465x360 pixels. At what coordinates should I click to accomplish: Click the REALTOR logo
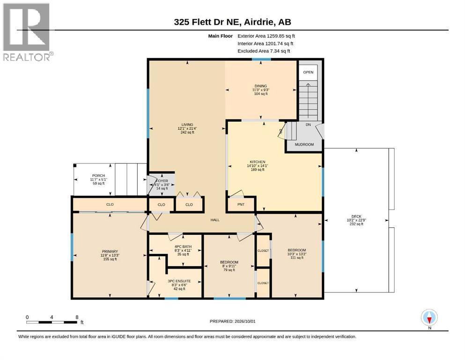coord(28,32)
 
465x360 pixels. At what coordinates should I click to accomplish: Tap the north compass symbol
coord(429,318)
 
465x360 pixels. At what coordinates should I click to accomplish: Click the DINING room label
coord(261,90)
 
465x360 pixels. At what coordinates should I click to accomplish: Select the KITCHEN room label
coord(258,165)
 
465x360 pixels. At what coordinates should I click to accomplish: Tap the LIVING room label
coord(187,128)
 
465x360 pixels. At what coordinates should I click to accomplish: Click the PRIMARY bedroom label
coord(110,255)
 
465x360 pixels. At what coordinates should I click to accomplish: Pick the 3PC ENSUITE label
coord(179,285)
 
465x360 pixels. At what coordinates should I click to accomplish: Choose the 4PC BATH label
coord(183,250)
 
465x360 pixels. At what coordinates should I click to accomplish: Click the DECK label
coord(356,220)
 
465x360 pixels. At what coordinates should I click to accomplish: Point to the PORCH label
coord(98,180)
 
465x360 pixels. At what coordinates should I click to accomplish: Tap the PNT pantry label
coord(241,204)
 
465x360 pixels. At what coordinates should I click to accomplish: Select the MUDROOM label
coord(304,144)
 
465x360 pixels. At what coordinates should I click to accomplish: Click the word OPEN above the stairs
coord(308,72)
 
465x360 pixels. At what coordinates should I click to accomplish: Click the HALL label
coord(215,220)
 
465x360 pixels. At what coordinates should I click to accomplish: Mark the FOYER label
coord(162,185)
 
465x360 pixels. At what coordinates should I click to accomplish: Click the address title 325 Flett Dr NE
coord(232,22)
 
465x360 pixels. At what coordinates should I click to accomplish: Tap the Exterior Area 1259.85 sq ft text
coord(266,36)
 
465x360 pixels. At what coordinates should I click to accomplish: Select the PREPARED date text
coord(232,321)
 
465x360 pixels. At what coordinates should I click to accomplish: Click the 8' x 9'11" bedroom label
coord(229,266)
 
